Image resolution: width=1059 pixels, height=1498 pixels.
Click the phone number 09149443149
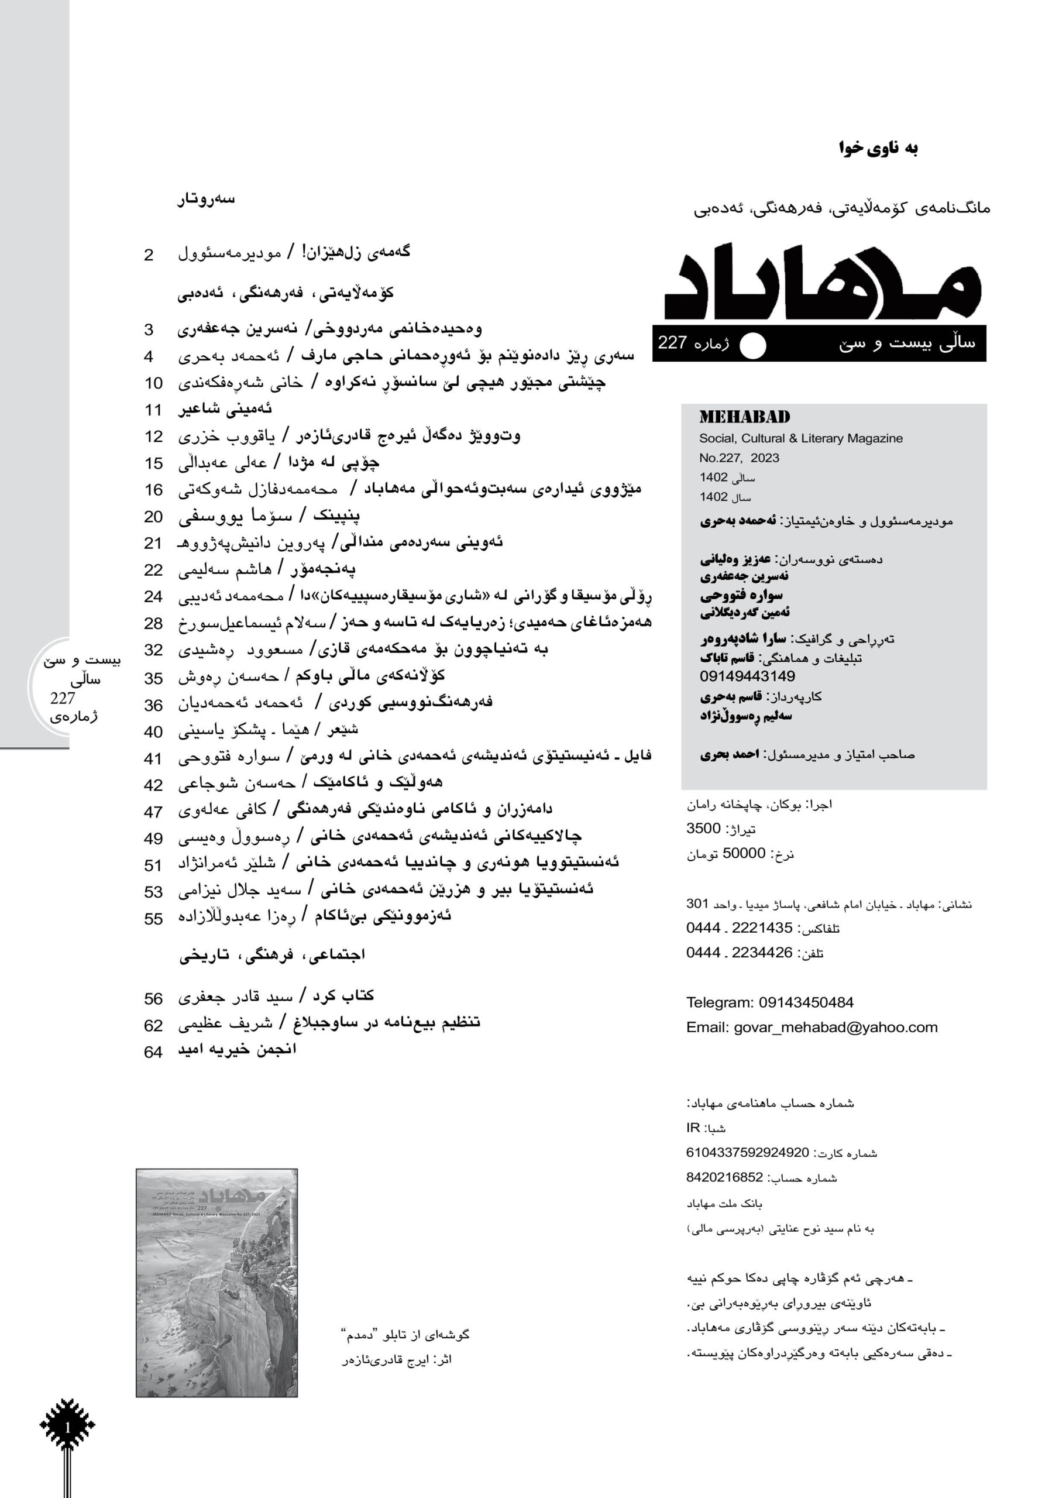tap(747, 676)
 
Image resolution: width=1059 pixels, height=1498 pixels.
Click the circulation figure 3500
tap(703, 829)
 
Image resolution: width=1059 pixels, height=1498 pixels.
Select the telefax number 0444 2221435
tap(738, 928)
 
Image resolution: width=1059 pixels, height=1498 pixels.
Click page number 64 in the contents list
tap(153, 1052)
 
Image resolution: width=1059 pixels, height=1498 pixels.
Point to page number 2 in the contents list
tap(149, 255)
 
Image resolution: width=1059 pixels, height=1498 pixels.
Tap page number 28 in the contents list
tap(153, 624)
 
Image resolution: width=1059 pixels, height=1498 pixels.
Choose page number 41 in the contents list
tap(153, 758)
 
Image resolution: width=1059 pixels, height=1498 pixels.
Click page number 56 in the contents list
tap(153, 999)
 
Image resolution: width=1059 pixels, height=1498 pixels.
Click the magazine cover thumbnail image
tap(216, 1283)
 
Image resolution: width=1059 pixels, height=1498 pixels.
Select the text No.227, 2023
tap(740, 458)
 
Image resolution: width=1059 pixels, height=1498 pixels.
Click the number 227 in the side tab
tap(63, 699)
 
